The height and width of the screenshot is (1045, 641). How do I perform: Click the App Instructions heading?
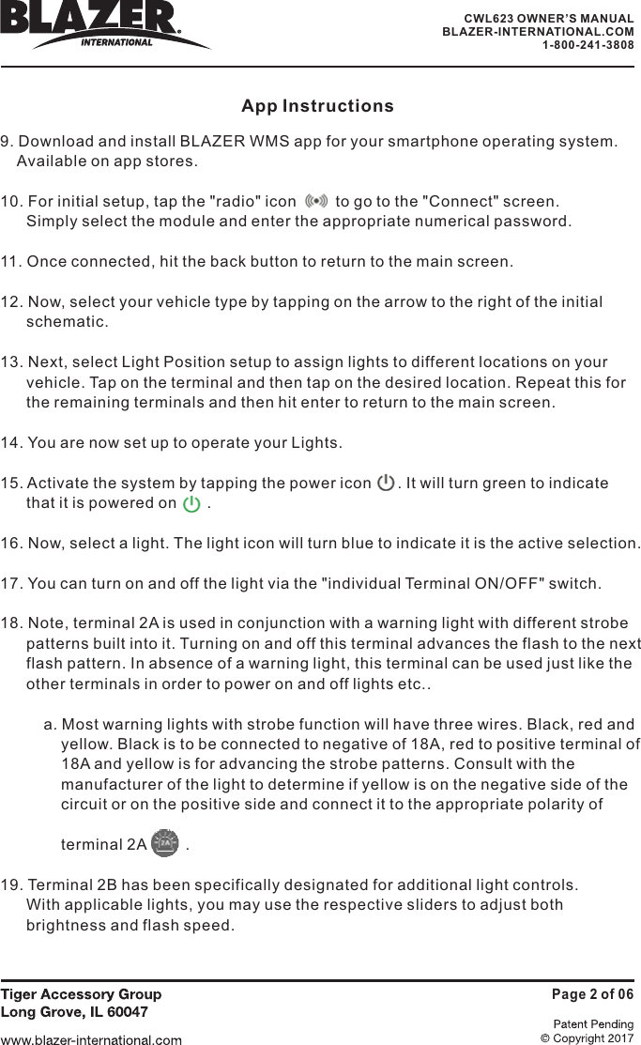point(317,106)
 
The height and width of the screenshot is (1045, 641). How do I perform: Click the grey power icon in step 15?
point(385,484)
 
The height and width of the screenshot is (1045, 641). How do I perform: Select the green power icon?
point(191,504)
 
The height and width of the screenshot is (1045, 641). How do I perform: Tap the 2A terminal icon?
point(165,843)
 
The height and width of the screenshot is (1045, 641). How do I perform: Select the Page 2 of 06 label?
point(591,994)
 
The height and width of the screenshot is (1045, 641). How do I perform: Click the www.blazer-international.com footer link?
point(91,1039)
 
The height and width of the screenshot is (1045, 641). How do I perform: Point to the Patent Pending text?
point(593,1024)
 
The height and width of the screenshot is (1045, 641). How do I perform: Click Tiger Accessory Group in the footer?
point(81,994)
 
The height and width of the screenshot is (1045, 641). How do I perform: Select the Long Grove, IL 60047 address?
point(73,1012)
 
